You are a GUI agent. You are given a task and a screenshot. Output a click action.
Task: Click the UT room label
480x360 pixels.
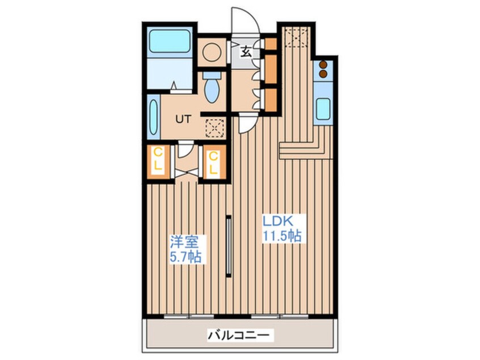pos(182,119)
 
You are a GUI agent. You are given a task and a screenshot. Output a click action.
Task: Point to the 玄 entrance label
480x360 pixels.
pos(246,52)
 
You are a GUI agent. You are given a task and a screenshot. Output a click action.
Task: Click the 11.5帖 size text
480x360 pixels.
pos(281,235)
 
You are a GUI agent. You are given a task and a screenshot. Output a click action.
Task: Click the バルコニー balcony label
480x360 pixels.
pos(242,335)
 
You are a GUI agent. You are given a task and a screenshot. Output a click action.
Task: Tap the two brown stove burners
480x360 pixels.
pos(323,69)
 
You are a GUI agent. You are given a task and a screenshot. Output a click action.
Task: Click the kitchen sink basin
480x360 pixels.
pos(323,108)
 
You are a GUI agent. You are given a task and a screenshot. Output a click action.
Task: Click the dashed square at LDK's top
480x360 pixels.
pos(295,37)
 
